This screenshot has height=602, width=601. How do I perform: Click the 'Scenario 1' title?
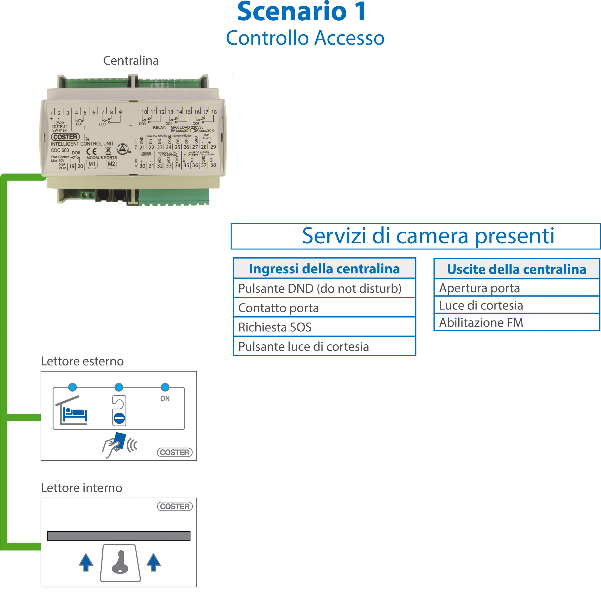pyautogui.click(x=301, y=12)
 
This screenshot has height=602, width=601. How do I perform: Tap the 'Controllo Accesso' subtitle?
pyautogui.click(x=305, y=38)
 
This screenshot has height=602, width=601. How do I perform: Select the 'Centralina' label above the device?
pyautogui.click(x=131, y=60)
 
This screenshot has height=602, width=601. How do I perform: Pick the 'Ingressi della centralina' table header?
pyautogui.click(x=324, y=269)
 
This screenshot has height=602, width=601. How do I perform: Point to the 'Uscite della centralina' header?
pyautogui.click(x=516, y=269)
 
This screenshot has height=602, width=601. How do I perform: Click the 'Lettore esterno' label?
pyautogui.click(x=82, y=361)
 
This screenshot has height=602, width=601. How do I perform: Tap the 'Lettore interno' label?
pyautogui.click(x=81, y=488)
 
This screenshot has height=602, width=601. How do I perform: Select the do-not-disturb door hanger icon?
pyautogui.click(x=119, y=410)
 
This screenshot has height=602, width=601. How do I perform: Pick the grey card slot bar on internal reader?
pyautogui.click(x=118, y=536)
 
